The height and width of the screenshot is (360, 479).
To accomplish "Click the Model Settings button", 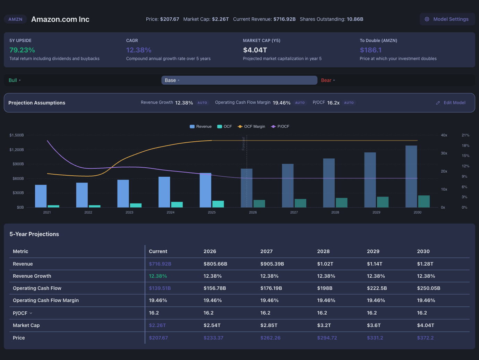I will tap(447, 19).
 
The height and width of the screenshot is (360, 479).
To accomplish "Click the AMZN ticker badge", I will tap(15, 19).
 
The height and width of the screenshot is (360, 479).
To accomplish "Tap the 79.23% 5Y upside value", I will tap(22, 50).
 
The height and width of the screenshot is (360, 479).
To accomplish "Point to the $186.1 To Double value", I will tap(370, 50).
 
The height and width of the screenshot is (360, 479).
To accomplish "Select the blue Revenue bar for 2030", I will tap(411, 177).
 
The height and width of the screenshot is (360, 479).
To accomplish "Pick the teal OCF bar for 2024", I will tap(177, 204).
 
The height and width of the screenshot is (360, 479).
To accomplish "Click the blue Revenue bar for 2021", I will tap(41, 196).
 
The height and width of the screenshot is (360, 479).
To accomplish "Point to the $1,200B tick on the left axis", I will tap(17, 150).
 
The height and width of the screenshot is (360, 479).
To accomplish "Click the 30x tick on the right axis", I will tap(444, 153).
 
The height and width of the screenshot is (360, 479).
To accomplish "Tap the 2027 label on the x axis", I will tap(294, 212).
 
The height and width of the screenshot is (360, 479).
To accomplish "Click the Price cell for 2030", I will tap(425, 338).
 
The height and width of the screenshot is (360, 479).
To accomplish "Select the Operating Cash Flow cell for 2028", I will tap(325, 288).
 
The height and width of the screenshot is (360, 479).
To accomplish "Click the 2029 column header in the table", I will tap(373, 251).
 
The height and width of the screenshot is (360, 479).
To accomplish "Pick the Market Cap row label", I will tap(26, 325).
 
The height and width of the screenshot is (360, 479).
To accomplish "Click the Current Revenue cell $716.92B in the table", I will tap(160, 264).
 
